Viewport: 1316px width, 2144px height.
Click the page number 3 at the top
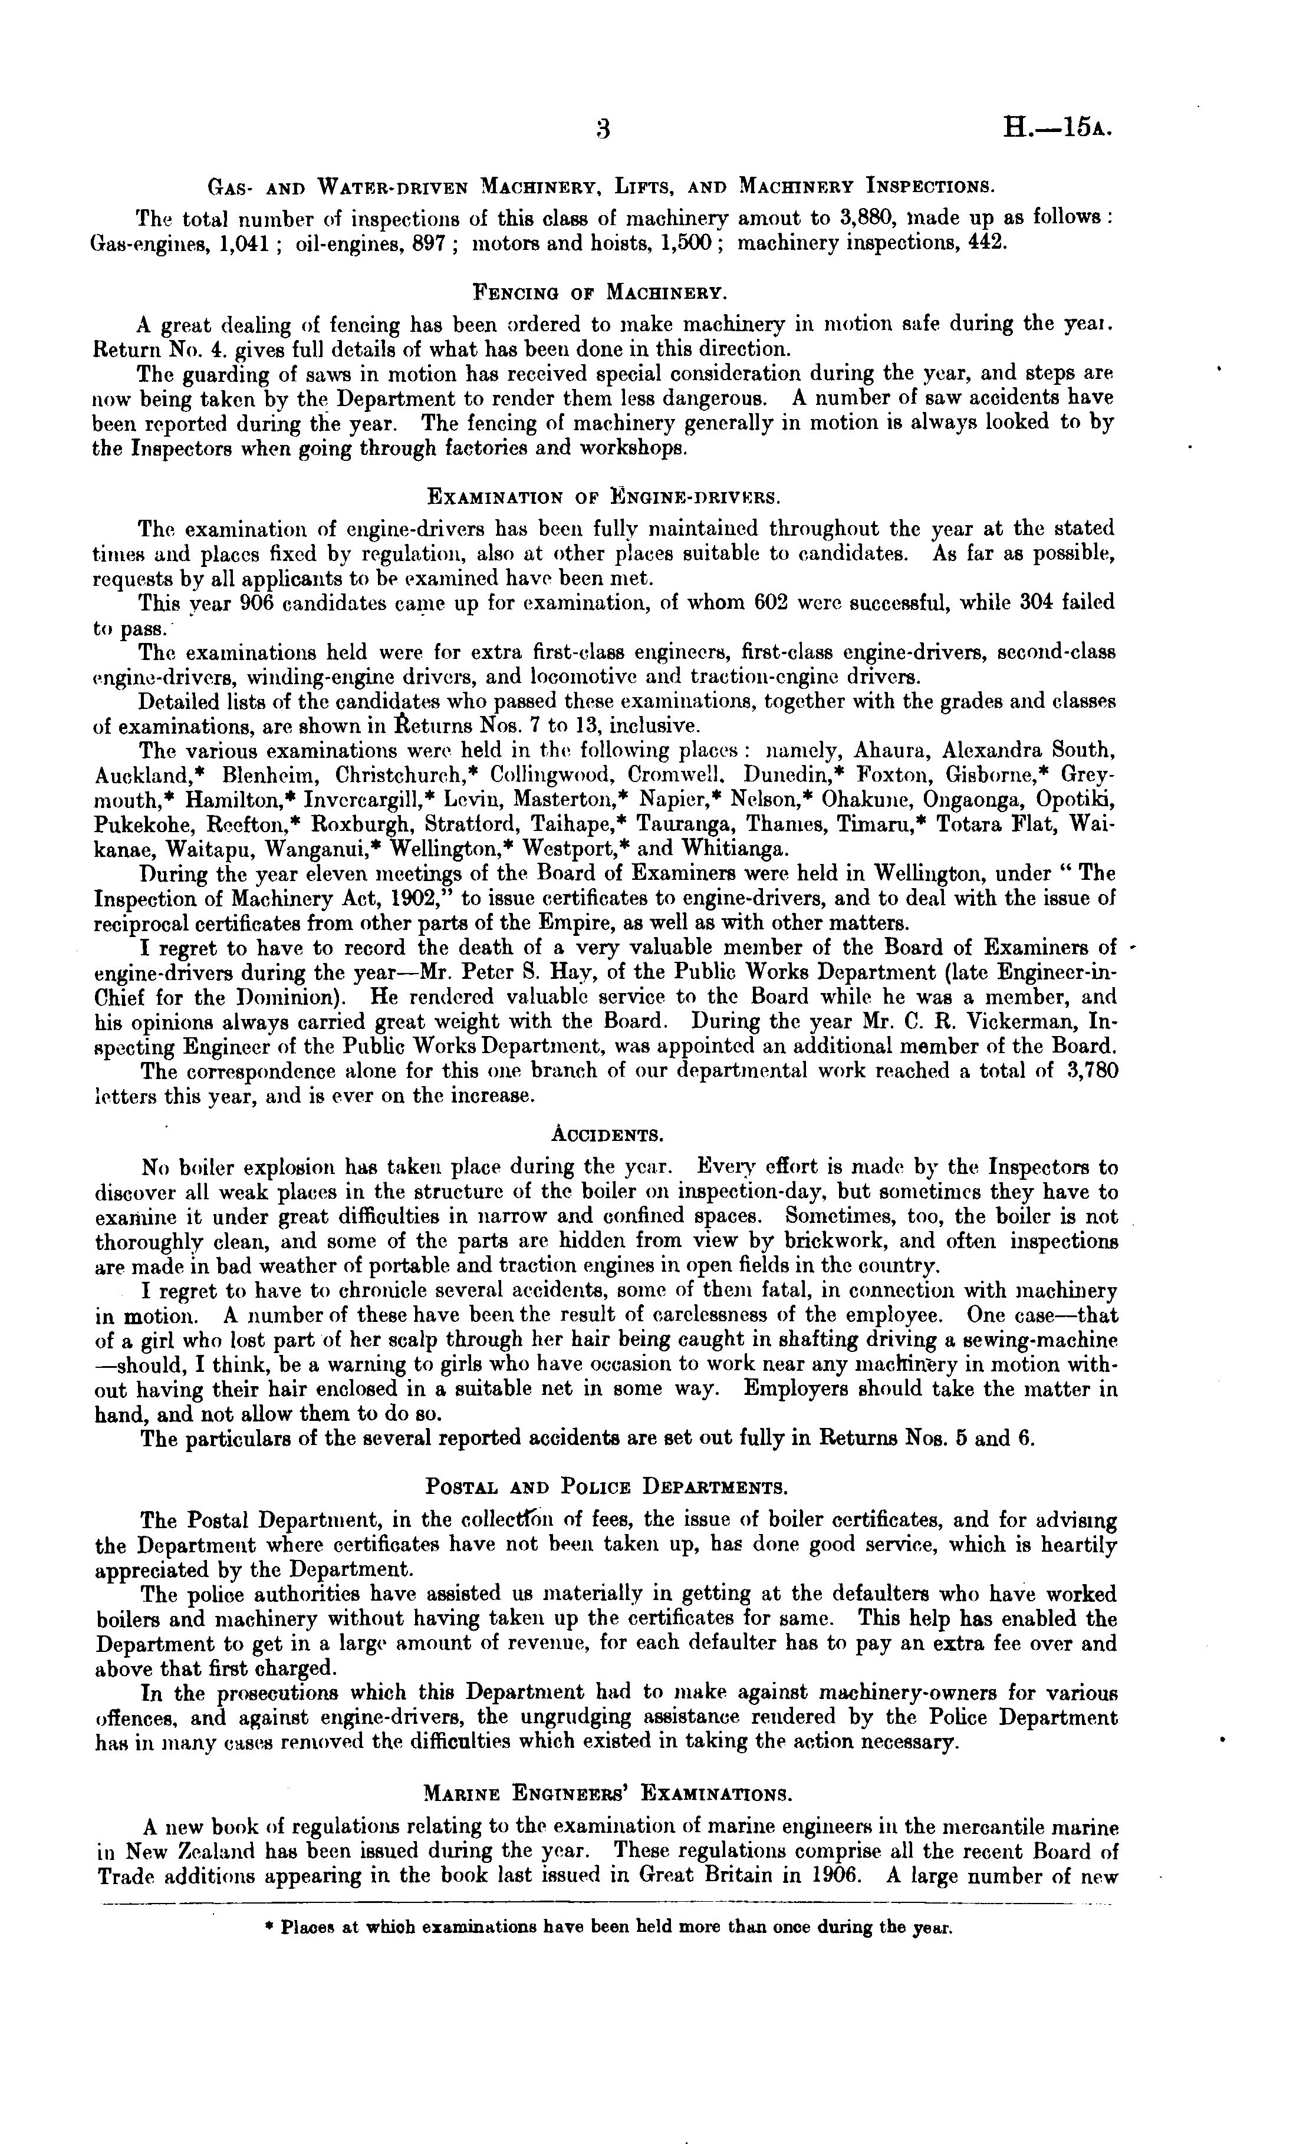tap(603, 129)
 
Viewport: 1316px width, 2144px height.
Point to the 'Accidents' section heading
tap(606, 1134)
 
